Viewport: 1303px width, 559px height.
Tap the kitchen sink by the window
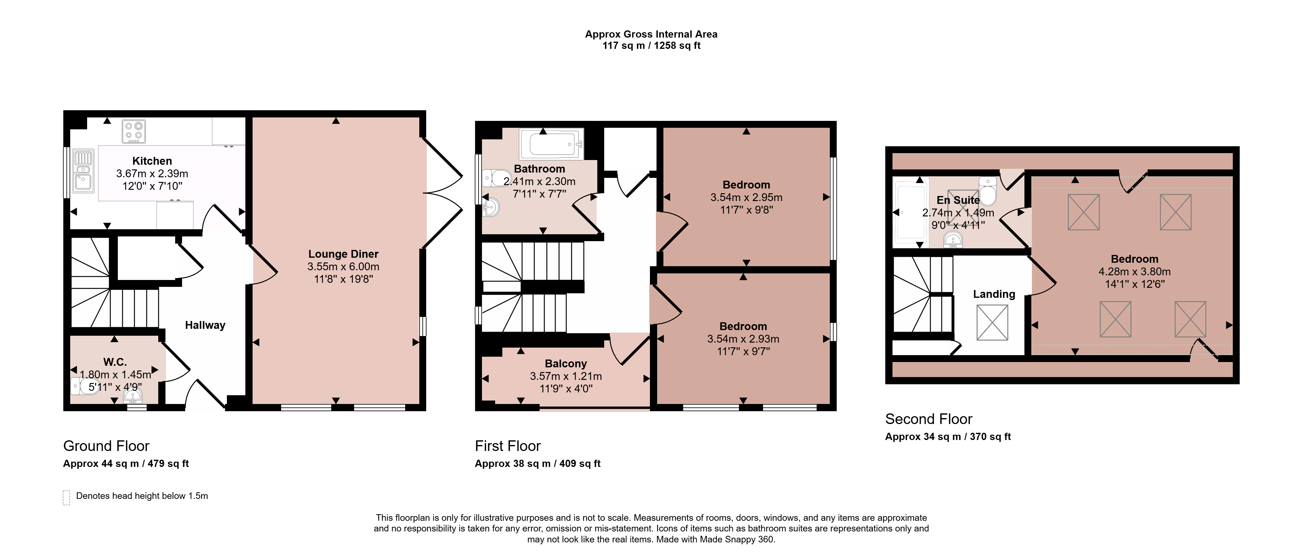coord(83,171)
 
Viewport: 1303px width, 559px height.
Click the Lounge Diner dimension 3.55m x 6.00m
coord(343,267)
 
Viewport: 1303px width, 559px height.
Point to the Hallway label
coord(205,325)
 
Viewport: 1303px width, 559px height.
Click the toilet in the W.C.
coord(84,387)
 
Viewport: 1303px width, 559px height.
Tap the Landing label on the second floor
coord(994,294)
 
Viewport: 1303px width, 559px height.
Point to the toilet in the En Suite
coord(988,190)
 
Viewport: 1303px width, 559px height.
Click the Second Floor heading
coord(929,419)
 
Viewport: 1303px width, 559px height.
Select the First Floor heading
coord(508,446)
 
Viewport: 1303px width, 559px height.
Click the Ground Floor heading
coord(106,446)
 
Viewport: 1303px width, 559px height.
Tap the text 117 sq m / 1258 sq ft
coord(651,45)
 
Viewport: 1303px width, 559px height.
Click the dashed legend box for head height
coord(66,497)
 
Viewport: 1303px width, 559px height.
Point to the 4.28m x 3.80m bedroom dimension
coord(1134,272)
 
